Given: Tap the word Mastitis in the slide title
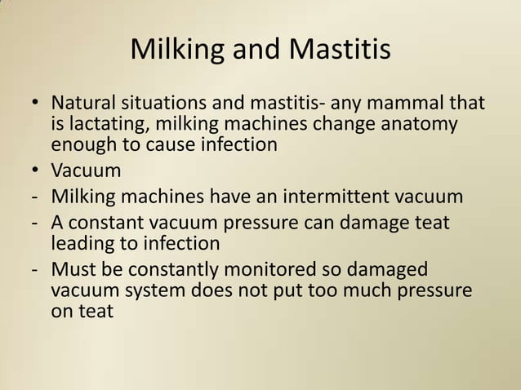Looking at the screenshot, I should click(342, 51).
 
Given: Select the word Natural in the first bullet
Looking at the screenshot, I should click(85, 105).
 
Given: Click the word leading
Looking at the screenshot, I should click(81, 243).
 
